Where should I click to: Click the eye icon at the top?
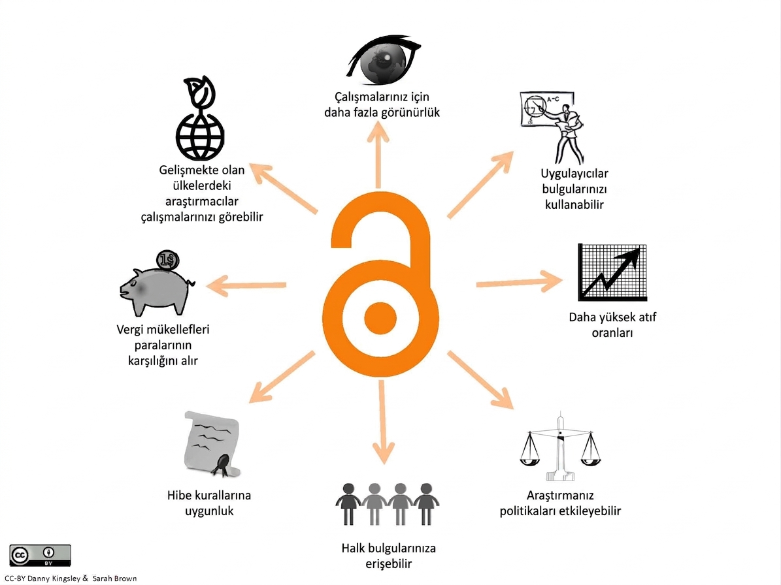(384, 59)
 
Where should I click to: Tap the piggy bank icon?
(156, 291)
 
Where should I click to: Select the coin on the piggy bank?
(168, 260)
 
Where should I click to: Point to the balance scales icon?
(560, 446)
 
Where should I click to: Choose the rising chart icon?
(612, 272)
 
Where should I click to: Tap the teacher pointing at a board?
(553, 127)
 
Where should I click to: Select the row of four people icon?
(387, 504)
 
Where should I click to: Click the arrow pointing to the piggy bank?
(246, 285)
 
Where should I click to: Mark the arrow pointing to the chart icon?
(520, 282)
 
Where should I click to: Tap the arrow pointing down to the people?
(382, 422)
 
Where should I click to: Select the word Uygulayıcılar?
(574, 174)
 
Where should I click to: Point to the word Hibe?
(179, 496)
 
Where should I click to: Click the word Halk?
(353, 548)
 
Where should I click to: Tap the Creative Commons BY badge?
(40, 555)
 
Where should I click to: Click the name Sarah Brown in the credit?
(114, 578)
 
